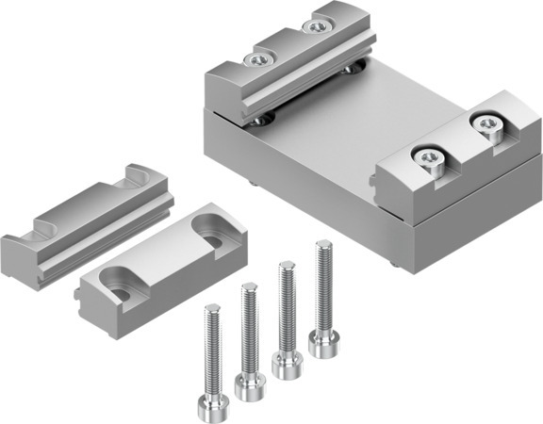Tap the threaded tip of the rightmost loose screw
click(322, 246)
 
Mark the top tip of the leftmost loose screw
click(212, 308)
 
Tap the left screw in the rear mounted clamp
click(256, 61)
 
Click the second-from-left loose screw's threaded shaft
click(250, 330)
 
